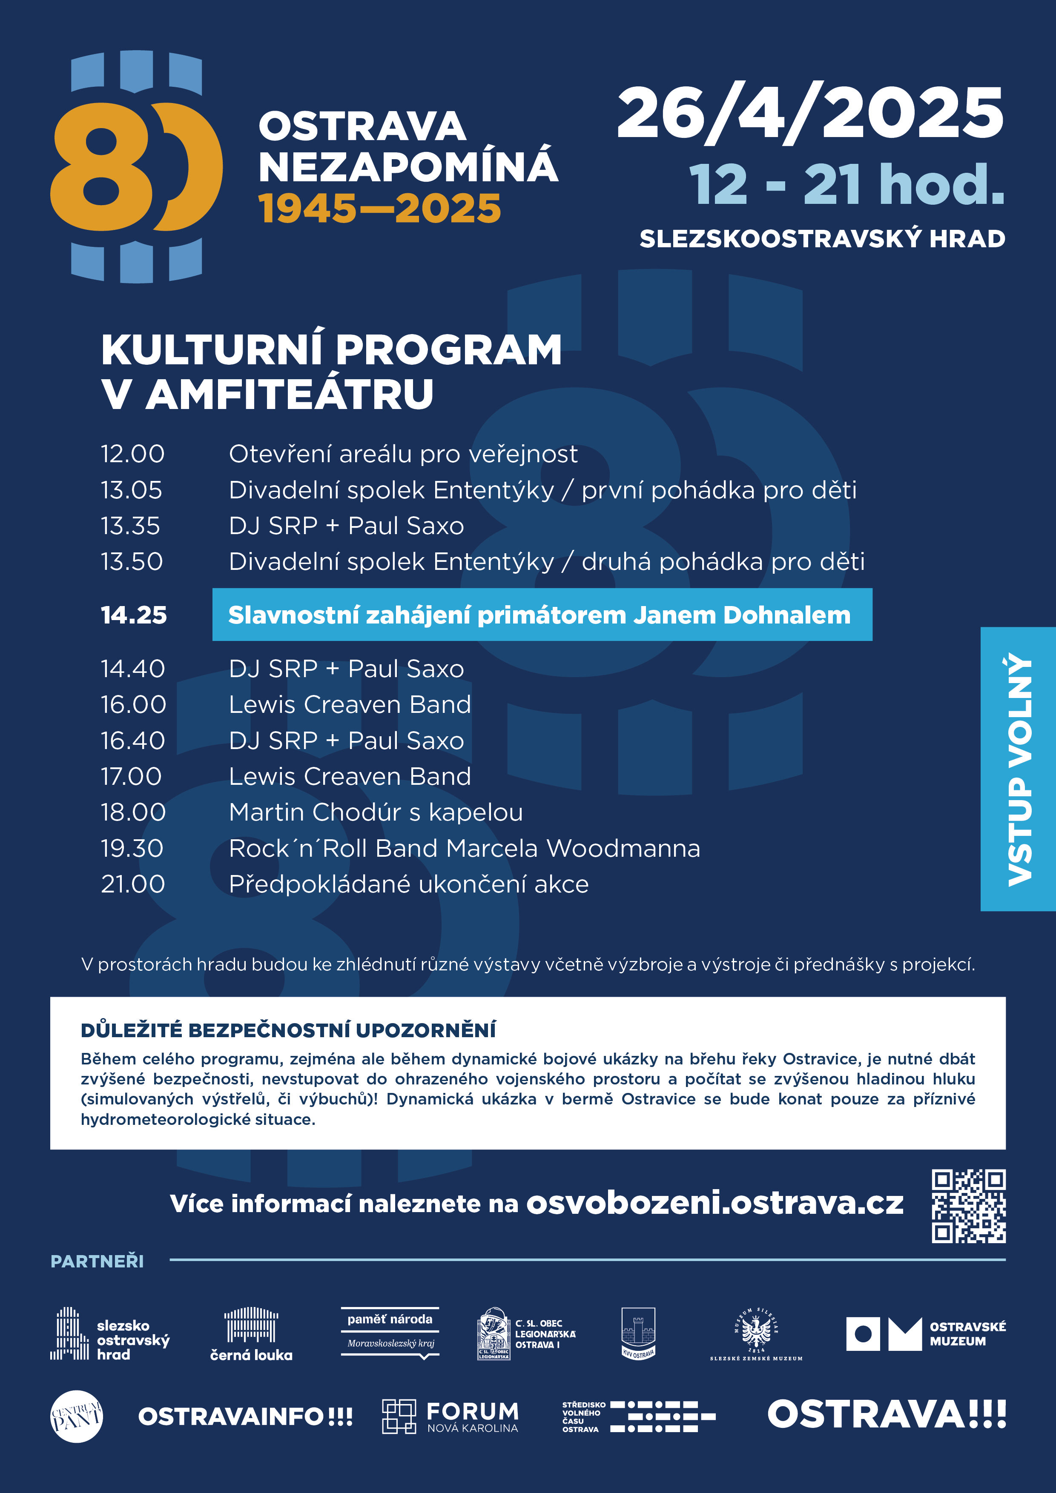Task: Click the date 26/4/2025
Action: coord(810,114)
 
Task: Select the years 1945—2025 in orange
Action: coord(380,209)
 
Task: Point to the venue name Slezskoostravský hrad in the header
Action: coord(822,239)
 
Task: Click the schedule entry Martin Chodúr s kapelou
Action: coord(376,812)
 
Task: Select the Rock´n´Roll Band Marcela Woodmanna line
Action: coord(464,848)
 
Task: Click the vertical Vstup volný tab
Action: coord(1018,769)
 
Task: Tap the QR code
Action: coord(968,1206)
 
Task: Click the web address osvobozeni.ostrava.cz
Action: coord(715,1203)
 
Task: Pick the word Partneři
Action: coord(97,1261)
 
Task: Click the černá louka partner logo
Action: coord(251,1334)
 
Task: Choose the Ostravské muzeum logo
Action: coord(925,1334)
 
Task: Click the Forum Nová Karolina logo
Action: coord(450,1417)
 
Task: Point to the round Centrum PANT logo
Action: coord(76,1416)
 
